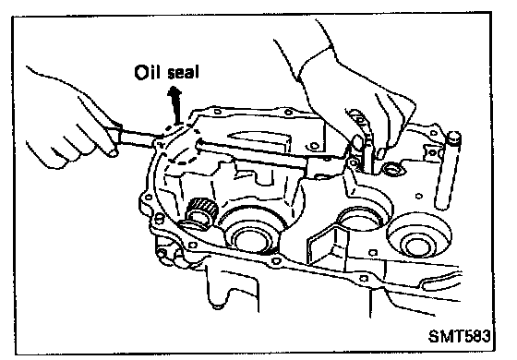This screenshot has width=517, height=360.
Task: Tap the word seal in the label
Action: (x=184, y=73)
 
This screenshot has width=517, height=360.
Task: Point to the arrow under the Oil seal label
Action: (x=175, y=105)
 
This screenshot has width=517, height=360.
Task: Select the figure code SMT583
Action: (x=460, y=336)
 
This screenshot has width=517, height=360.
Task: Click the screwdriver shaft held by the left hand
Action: (x=138, y=138)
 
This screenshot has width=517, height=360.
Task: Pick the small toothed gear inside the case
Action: (x=202, y=211)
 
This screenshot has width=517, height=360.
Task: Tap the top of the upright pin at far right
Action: (x=454, y=137)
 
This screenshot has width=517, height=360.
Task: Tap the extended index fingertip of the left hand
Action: (x=113, y=152)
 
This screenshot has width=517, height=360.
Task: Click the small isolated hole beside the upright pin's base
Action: (x=419, y=196)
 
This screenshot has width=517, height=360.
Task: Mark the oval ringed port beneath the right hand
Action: (x=391, y=170)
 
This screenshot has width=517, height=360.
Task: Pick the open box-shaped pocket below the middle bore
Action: (x=328, y=244)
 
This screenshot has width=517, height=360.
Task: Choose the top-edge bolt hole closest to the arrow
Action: (x=217, y=112)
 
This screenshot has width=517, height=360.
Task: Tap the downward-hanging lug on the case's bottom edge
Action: (x=217, y=290)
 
